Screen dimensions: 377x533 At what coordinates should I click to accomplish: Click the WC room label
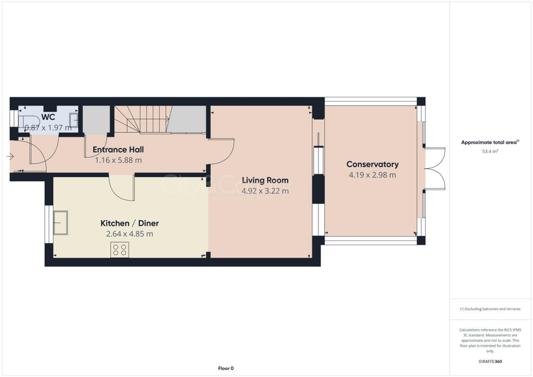pos(48,117)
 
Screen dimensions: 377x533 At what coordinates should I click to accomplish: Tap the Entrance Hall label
pos(118,150)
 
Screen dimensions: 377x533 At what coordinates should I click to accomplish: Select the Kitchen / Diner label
pos(130,223)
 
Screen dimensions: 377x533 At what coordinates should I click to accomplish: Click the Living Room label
pos(265,181)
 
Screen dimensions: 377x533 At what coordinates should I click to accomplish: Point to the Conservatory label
pos(372,165)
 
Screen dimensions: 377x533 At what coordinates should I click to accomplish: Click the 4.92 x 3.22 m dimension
pos(265,191)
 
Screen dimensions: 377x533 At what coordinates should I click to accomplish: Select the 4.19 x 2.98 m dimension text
pos(372,175)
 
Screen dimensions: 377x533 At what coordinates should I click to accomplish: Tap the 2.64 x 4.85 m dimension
pos(130,234)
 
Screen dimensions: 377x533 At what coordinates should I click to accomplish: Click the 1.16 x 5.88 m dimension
pos(118,160)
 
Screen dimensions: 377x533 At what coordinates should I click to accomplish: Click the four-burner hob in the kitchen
pos(120,250)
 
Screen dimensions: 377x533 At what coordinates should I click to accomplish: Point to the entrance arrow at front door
pos(11,156)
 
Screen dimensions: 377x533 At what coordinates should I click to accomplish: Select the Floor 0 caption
pos(225,368)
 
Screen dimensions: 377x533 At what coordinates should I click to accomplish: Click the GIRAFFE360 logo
pos(490,361)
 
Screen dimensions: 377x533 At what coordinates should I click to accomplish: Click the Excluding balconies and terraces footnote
pos(490,309)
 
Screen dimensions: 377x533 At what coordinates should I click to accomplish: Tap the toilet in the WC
pos(27,120)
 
